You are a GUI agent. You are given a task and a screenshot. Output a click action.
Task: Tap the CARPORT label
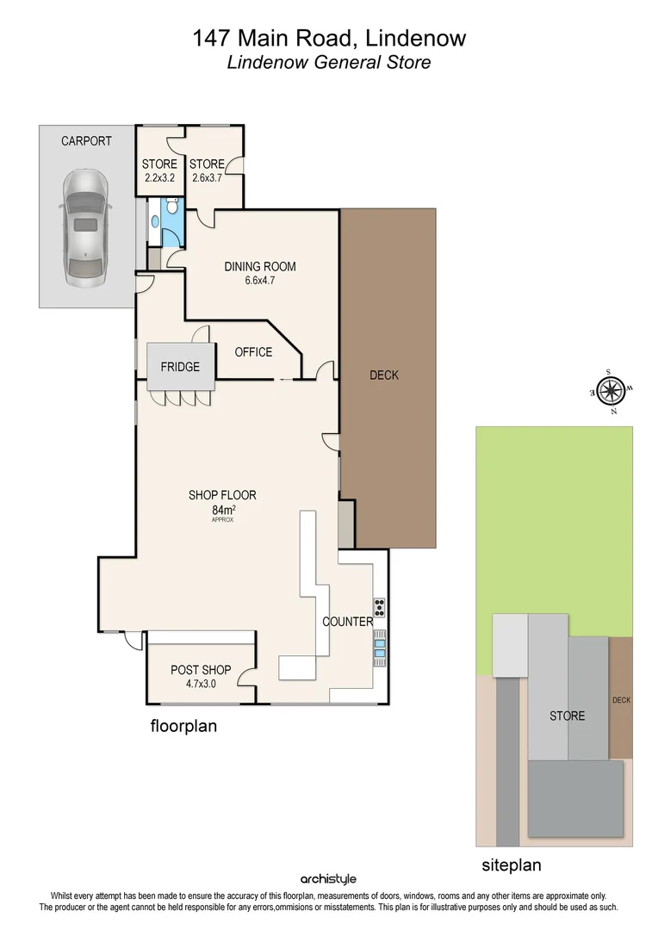coord(86,140)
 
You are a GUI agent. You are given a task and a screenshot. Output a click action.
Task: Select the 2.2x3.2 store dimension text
coord(159,179)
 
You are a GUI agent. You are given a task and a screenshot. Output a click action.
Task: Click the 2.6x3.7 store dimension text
coord(207,179)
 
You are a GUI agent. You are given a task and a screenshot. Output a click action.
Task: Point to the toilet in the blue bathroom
coord(172,206)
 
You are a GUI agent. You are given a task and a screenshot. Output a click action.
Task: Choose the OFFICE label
coord(253,351)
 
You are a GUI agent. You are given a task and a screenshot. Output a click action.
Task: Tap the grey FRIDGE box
coord(180,367)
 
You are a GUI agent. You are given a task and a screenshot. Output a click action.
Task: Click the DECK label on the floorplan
coord(384,375)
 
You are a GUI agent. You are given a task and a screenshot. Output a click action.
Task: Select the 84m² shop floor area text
coord(222,510)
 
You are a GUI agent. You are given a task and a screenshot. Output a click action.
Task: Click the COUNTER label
coord(348,621)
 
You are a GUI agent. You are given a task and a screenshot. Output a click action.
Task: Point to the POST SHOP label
coord(201,670)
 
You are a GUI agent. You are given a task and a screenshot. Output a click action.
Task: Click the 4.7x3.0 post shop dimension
coord(201,684)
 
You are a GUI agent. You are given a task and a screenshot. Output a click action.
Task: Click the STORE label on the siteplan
coord(567,716)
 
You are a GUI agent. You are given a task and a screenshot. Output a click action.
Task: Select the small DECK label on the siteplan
coord(621,700)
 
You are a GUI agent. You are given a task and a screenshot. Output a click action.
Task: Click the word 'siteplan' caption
coord(512,865)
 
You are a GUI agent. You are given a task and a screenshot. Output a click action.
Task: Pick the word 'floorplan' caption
coord(183,726)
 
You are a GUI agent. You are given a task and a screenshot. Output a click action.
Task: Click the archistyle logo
coord(328,879)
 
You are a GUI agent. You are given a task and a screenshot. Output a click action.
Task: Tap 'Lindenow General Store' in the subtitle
coord(328,62)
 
